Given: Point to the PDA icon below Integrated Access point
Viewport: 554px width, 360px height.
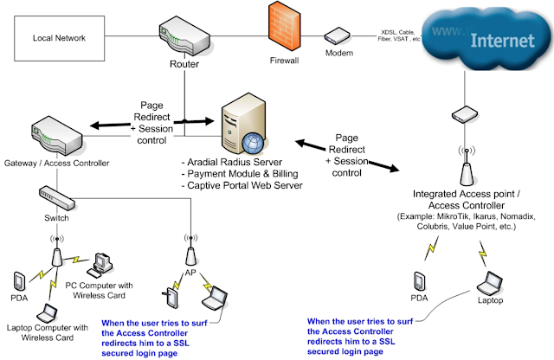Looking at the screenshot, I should [x=419, y=281].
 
